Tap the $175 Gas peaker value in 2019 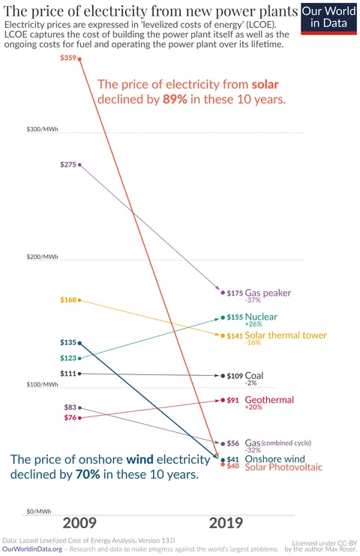[235, 293]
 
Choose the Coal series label [254, 375]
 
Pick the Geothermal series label [269, 400]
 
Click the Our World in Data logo [329, 17]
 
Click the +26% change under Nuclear [253, 324]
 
